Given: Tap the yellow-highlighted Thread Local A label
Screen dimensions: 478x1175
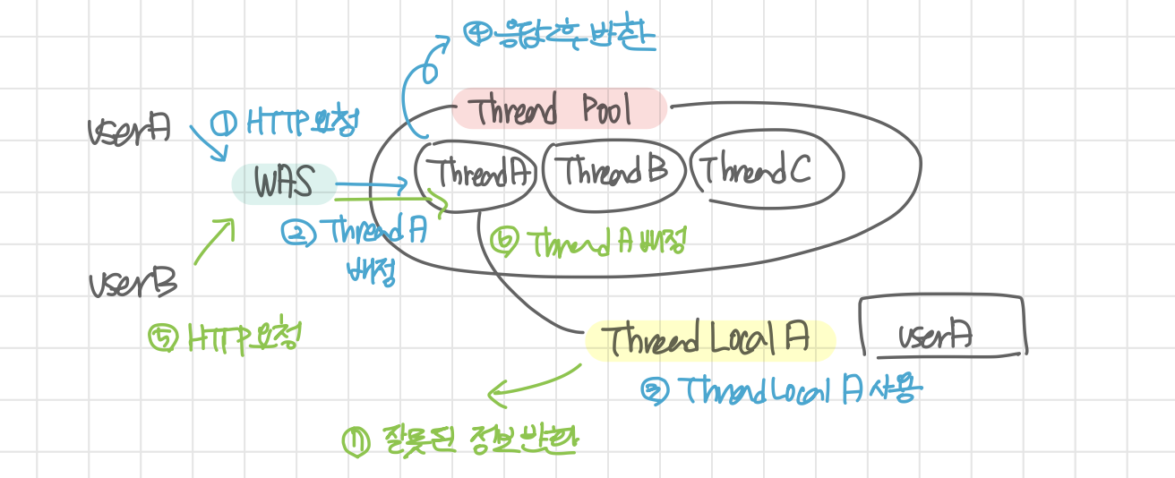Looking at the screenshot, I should point(707,339).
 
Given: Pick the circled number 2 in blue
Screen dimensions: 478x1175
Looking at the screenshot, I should point(296,233).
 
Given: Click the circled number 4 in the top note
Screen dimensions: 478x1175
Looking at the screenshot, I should point(476,33).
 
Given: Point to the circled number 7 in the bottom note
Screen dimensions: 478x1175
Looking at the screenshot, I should point(356,441).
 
